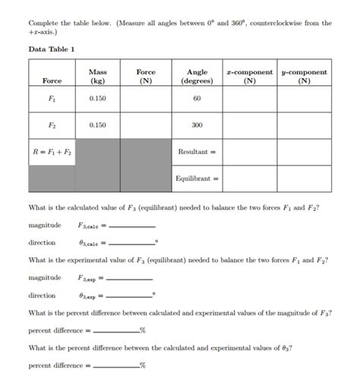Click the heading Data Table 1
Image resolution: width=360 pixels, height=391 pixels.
51,49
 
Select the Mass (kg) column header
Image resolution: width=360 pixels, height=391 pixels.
97,76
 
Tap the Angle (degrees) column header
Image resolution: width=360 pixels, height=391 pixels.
197,76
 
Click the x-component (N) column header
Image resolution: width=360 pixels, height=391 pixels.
249,76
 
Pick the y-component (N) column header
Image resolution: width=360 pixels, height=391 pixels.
304,76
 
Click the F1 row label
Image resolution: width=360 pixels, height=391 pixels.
52,99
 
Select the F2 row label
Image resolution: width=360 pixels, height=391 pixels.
52,125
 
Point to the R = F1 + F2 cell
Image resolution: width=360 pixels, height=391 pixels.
52,152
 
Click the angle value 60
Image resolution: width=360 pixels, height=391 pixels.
197,99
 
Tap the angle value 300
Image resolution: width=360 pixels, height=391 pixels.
197,125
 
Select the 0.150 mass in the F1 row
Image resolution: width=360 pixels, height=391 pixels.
97,99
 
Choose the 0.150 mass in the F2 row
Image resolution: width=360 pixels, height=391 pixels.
97,125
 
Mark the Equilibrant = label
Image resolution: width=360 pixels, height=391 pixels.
196,179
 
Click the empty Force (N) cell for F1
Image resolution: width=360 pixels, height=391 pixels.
146,99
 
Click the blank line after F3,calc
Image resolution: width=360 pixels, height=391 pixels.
133,227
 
